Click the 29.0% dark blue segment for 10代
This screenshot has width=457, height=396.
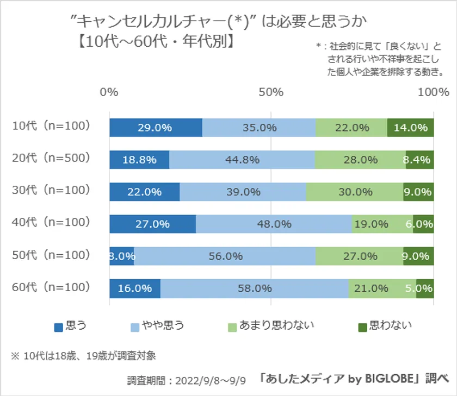coord(156,128)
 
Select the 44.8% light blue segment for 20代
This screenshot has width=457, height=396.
coord(242,160)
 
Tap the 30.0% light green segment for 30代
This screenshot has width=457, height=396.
coord(354,192)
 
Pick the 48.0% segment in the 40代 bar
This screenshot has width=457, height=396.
coord(274,224)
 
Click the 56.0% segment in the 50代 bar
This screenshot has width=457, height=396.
coord(225,256)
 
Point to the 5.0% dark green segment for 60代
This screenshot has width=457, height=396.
coord(425,288)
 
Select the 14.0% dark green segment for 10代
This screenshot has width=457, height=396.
coord(410,128)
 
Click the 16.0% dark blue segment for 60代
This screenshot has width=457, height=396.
coord(134,288)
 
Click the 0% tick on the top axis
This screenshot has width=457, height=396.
coord(109,92)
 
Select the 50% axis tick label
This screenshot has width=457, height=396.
coord(271,92)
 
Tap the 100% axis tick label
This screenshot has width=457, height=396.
coord(433,92)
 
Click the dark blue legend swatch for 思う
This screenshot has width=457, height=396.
coord(58,326)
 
